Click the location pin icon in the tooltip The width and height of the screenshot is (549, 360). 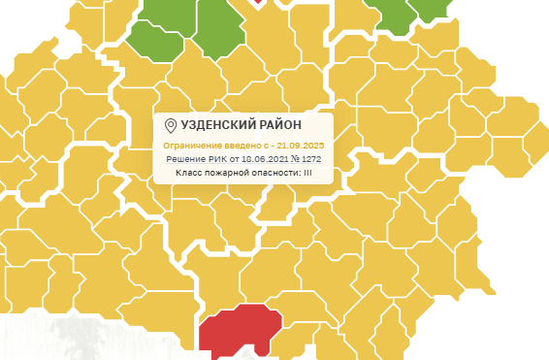tap(171, 126)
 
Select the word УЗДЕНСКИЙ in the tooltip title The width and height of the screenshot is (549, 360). tap(218, 126)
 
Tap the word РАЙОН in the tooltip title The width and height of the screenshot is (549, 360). tap(281, 126)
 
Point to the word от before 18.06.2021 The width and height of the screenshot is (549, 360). tap(236, 159)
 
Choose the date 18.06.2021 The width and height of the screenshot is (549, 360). tap(266, 159)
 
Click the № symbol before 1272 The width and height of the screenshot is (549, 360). tap(296, 159)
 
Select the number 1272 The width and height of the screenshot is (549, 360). tap(311, 159)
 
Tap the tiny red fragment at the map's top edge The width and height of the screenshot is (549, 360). tap(257, 2)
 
